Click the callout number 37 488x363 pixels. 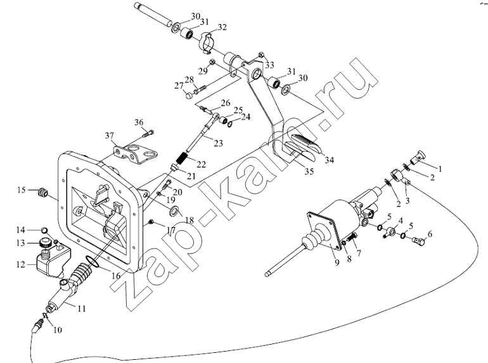coord(109,135)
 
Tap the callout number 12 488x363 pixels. coord(20,264)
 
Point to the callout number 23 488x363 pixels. coord(219,143)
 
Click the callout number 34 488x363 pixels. coord(330,160)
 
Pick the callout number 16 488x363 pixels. coord(116,276)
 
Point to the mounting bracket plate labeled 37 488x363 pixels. coord(135,154)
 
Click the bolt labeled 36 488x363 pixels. coord(148,135)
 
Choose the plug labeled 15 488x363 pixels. coord(42,192)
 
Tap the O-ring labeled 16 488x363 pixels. coord(92,262)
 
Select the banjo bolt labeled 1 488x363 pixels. coord(418,157)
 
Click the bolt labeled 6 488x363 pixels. coord(418,240)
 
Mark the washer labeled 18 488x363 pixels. coord(174,211)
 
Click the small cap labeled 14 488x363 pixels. coord(44,230)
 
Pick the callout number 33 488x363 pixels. coord(269,65)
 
